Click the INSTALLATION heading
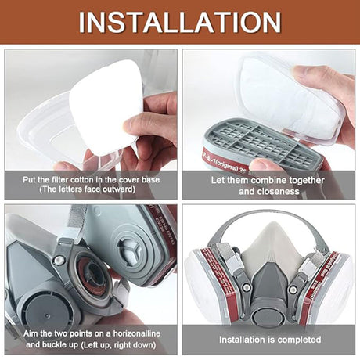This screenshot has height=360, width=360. point(180,22)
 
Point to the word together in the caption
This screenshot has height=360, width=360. point(304,181)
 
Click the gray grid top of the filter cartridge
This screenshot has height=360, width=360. point(264,141)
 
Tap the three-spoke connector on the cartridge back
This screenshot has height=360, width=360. point(131,250)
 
